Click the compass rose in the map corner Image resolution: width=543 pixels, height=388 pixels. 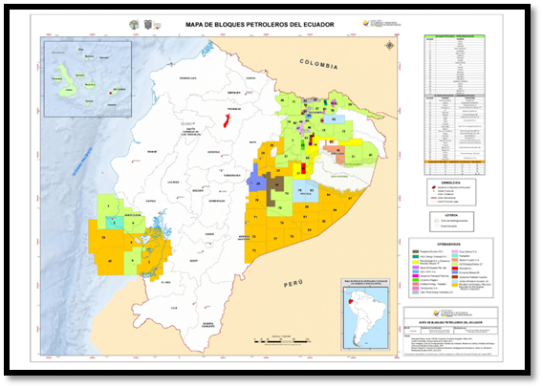point(388,46)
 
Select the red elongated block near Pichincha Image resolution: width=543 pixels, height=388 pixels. point(227,122)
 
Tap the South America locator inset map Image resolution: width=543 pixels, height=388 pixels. point(363,307)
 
